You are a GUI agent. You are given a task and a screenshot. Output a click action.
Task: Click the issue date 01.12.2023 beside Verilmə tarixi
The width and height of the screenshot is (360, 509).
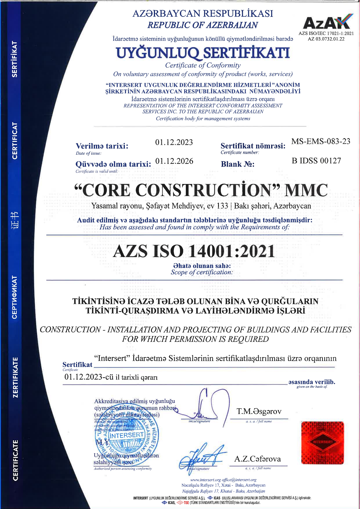(174, 142)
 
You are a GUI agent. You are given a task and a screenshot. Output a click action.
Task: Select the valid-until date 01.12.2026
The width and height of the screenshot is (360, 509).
(174, 161)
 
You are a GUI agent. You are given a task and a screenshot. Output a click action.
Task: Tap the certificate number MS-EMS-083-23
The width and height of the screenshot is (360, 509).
(321, 141)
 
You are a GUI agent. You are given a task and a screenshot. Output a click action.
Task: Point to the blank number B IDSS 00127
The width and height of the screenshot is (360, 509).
(316, 160)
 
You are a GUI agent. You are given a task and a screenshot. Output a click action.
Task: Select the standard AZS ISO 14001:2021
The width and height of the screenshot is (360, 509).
(194, 251)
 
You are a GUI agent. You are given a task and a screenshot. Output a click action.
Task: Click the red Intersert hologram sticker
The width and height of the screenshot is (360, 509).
(323, 442)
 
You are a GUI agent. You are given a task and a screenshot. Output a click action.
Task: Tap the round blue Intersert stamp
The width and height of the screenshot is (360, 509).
(127, 435)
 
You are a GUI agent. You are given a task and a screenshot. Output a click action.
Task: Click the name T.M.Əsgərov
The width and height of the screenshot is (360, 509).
(259, 411)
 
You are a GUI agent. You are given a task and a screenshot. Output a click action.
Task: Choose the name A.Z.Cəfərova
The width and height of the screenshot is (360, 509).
(258, 459)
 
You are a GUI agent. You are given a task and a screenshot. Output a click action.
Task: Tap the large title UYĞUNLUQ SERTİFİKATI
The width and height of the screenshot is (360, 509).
(203, 53)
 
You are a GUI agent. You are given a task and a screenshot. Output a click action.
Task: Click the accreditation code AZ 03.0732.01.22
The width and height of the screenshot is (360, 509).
(326, 39)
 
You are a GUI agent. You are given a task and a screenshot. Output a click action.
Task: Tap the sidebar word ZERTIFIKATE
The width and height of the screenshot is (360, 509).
(15, 377)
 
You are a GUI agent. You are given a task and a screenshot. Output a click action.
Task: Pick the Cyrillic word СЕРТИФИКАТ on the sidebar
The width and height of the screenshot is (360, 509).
(15, 297)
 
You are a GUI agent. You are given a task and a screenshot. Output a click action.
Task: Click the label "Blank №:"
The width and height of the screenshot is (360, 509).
(237, 164)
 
